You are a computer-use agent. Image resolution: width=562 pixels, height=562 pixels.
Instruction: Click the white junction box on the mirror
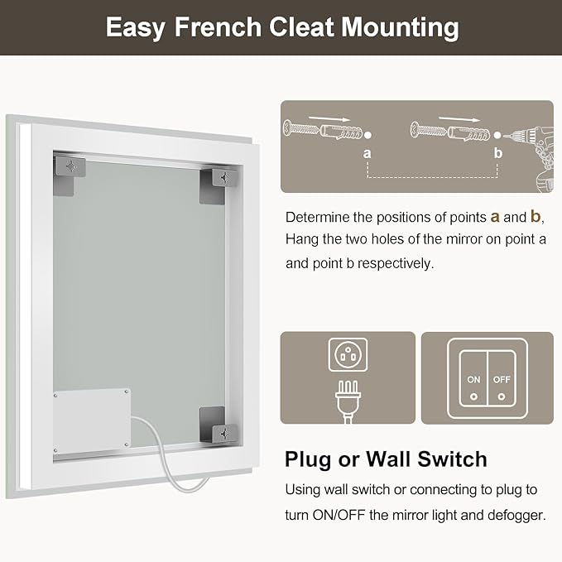pyautogui.click(x=91, y=420)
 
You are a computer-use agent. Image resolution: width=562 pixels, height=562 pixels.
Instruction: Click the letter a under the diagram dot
pyautogui.click(x=367, y=153)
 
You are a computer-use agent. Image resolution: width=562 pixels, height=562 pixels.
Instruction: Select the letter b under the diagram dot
pyautogui.click(x=497, y=153)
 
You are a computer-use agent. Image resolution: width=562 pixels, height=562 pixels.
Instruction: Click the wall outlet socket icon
pyautogui.click(x=348, y=355)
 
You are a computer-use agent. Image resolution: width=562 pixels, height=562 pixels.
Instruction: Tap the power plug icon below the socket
pyautogui.click(x=348, y=401)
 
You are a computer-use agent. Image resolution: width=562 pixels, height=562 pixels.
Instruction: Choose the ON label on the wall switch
pyautogui.click(x=473, y=378)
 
